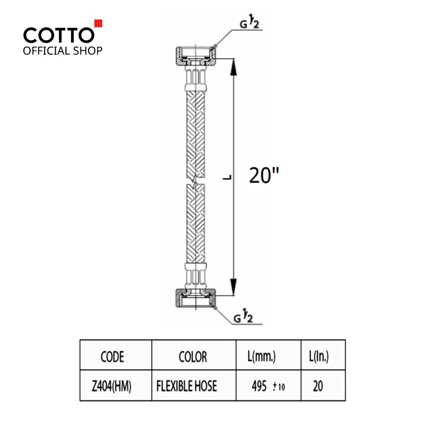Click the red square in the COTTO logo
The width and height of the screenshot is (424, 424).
98,23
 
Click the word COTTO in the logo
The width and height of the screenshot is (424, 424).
59,35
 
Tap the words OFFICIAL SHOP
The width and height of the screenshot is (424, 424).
63,51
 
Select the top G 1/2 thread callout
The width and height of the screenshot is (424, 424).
249,23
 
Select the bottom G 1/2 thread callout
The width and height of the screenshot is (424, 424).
243,317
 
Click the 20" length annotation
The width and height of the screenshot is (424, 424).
264,175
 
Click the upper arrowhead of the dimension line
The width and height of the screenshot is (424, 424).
233,67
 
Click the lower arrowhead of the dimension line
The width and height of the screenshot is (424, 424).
233,287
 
